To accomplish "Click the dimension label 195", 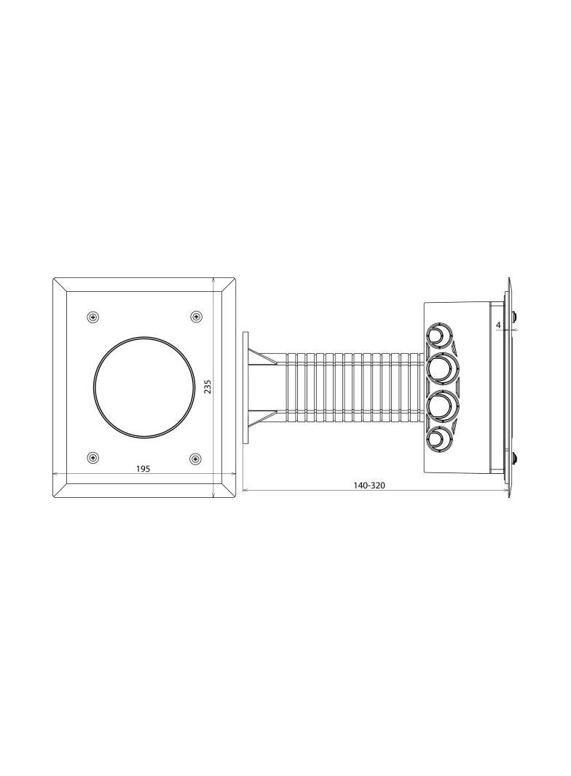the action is coord(143,469).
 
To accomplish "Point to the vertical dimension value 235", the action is coord(208,387).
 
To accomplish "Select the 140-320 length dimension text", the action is coord(369,486).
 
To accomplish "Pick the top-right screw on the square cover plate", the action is coord(197,316).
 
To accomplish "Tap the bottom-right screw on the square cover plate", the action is coord(197,459).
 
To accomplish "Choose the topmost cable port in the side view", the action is coord(438,337).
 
